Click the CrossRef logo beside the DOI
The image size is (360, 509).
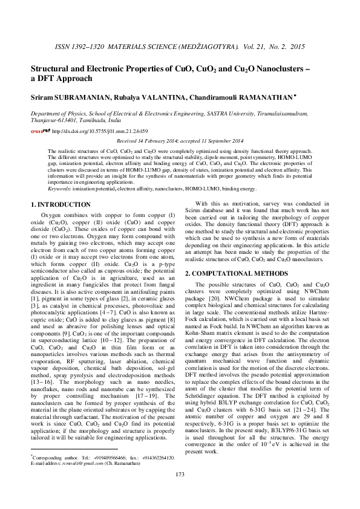click(41, 130)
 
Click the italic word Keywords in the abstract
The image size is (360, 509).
click(59, 189)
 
